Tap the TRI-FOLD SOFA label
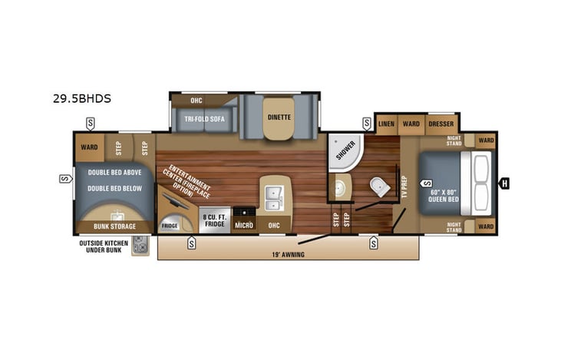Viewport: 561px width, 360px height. click(x=204, y=119)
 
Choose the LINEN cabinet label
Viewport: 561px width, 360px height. click(x=386, y=124)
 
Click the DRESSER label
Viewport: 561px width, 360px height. click(x=441, y=124)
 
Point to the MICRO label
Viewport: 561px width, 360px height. click(x=244, y=225)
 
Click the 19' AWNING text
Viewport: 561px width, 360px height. click(x=289, y=254)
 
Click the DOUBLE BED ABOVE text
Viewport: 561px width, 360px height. click(x=114, y=173)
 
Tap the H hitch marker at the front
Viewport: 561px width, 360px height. click(x=505, y=183)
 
